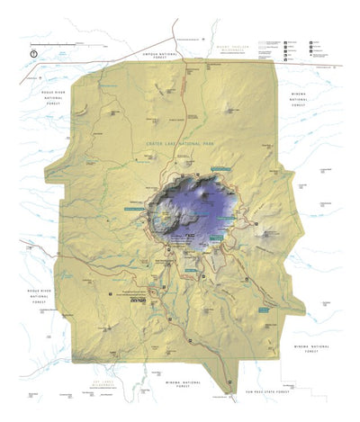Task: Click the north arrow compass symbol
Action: pyautogui.click(x=33, y=53)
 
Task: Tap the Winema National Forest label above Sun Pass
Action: pyautogui.click(x=311, y=348)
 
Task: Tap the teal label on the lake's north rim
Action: pyautogui.click(x=220, y=168)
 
